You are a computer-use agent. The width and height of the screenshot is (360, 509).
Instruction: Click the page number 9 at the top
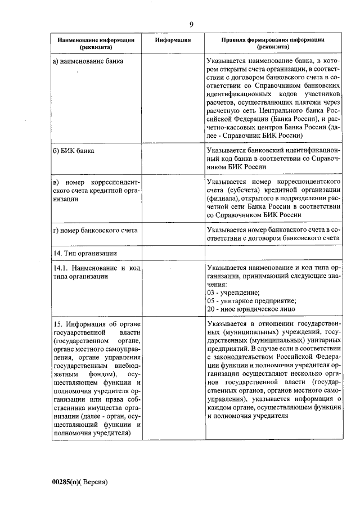(x=191, y=24)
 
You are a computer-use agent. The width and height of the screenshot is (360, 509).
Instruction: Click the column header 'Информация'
(x=173, y=40)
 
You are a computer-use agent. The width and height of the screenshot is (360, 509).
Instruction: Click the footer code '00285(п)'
(x=67, y=482)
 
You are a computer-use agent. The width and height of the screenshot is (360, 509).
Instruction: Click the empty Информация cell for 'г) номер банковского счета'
(x=173, y=234)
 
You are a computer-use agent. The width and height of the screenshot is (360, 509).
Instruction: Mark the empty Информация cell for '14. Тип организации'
(x=173, y=253)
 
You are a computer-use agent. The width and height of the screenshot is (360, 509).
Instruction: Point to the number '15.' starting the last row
(x=57, y=325)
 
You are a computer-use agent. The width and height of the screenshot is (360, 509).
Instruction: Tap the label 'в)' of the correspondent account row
(x=56, y=183)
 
